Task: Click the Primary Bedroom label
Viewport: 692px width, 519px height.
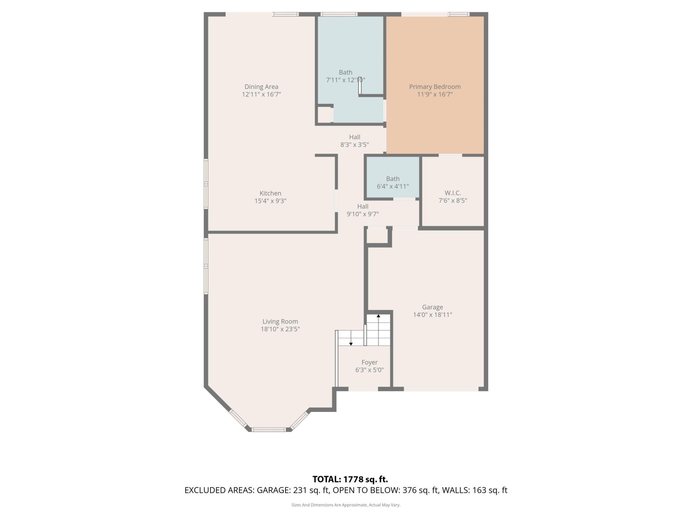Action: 435,86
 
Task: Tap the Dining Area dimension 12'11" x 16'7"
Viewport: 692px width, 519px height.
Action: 261,94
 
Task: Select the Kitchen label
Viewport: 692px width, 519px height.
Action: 270,193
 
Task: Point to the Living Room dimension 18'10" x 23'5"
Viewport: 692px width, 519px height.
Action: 280,329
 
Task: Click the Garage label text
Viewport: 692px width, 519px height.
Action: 432,307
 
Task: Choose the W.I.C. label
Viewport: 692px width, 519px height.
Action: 453,193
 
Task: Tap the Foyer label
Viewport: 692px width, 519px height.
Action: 369,362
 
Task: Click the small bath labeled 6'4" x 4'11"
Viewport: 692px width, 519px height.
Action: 392,182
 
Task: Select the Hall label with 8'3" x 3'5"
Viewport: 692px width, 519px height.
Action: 354,137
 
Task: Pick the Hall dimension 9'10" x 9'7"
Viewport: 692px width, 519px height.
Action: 363,214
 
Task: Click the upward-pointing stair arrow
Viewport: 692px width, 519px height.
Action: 378,316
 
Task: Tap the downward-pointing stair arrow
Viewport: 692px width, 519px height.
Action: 351,344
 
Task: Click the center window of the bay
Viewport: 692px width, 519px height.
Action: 268,429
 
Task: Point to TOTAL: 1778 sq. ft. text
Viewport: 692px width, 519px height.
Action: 350,479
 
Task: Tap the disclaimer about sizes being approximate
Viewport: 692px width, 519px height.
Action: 346,505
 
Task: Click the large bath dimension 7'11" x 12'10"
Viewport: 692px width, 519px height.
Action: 345,80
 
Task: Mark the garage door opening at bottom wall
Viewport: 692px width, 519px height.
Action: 441,389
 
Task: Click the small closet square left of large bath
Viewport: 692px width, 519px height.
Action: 324,115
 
